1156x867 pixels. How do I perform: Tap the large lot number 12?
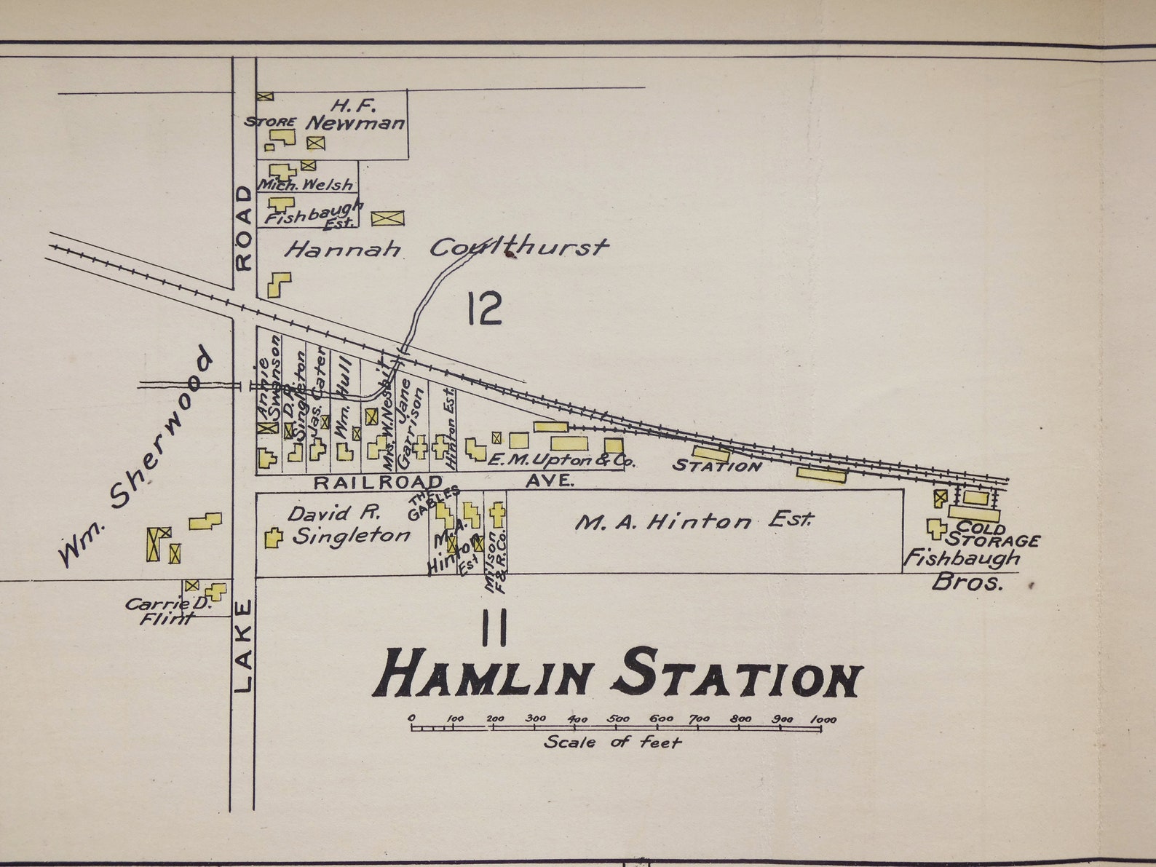point(485,309)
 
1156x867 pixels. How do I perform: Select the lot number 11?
point(494,628)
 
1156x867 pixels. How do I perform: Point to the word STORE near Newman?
point(270,122)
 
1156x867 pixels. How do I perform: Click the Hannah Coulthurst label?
point(446,248)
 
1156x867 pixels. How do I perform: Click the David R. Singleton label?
point(349,526)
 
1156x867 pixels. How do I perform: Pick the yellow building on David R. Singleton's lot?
point(273,538)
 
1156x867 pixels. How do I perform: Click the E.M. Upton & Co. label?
point(561,461)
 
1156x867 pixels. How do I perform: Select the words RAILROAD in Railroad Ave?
point(378,482)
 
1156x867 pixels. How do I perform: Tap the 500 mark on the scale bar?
point(618,719)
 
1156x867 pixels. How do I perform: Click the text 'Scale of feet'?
point(612,743)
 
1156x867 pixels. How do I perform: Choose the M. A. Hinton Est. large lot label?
point(693,521)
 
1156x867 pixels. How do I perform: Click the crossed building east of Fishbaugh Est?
point(387,218)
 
